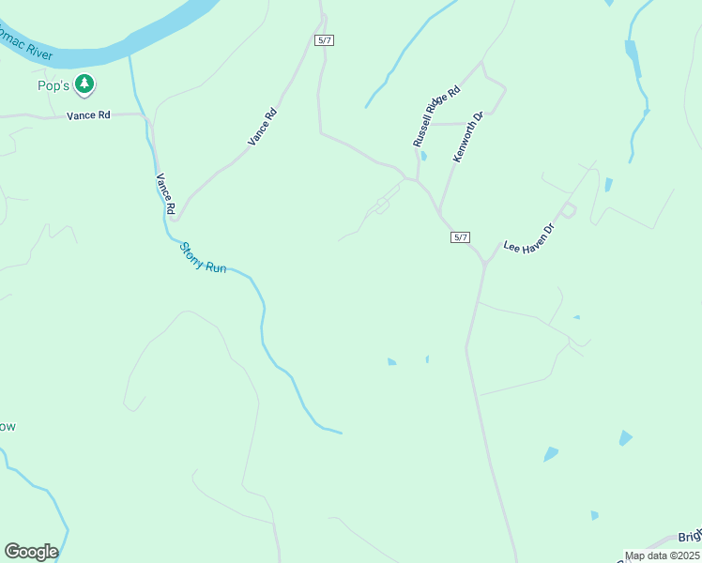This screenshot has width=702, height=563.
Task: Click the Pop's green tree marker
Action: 85,84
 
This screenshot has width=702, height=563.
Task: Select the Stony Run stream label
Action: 203,255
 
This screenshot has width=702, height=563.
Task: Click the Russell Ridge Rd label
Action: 436,115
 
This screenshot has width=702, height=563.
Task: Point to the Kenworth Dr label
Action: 467,137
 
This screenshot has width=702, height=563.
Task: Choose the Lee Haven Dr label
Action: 530,234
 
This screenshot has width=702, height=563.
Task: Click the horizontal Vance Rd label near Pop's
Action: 88,115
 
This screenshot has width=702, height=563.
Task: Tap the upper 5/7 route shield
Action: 324,40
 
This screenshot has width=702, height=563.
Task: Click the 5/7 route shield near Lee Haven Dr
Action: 460,237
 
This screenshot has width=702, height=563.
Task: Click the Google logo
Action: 31,552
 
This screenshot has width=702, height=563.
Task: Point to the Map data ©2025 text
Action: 663,555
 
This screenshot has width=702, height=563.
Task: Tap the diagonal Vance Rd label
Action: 263,127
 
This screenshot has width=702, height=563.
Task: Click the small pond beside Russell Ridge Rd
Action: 423,156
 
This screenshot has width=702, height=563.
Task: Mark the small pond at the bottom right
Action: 594,515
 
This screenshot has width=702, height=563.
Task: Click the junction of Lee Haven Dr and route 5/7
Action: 485,263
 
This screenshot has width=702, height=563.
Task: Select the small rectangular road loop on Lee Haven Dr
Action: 568,210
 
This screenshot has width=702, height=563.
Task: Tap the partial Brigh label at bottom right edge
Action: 690,539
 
